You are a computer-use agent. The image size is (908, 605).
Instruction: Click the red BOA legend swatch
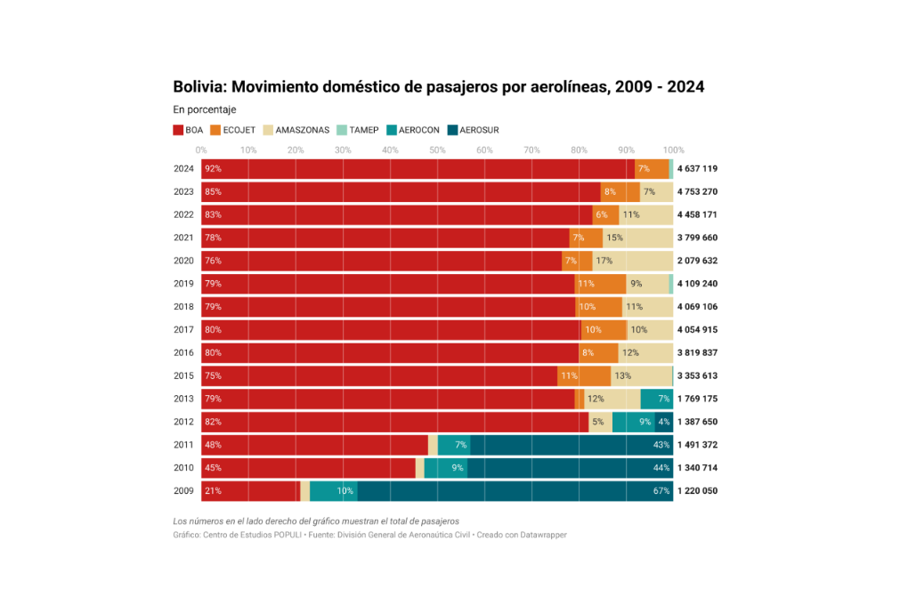point(178,130)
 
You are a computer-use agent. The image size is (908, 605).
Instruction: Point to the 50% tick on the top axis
point(437,149)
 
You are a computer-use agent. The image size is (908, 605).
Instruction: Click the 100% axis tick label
point(674,149)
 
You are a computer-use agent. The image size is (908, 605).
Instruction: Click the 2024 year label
point(183,168)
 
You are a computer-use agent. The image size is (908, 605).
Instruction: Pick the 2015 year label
point(183,375)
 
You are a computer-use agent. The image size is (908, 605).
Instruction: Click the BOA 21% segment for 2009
point(250,490)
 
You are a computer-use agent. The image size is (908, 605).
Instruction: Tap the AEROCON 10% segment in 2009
point(333,490)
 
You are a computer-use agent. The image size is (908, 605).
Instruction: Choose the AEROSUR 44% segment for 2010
point(570,467)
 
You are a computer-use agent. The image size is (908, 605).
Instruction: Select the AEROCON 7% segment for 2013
point(657,399)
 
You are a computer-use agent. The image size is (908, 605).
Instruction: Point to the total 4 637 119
point(697,168)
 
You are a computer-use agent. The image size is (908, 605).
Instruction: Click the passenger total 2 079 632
point(697,261)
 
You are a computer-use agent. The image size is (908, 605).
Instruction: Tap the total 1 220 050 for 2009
point(697,490)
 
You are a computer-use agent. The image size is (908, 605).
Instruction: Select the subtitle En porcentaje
point(204,109)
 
